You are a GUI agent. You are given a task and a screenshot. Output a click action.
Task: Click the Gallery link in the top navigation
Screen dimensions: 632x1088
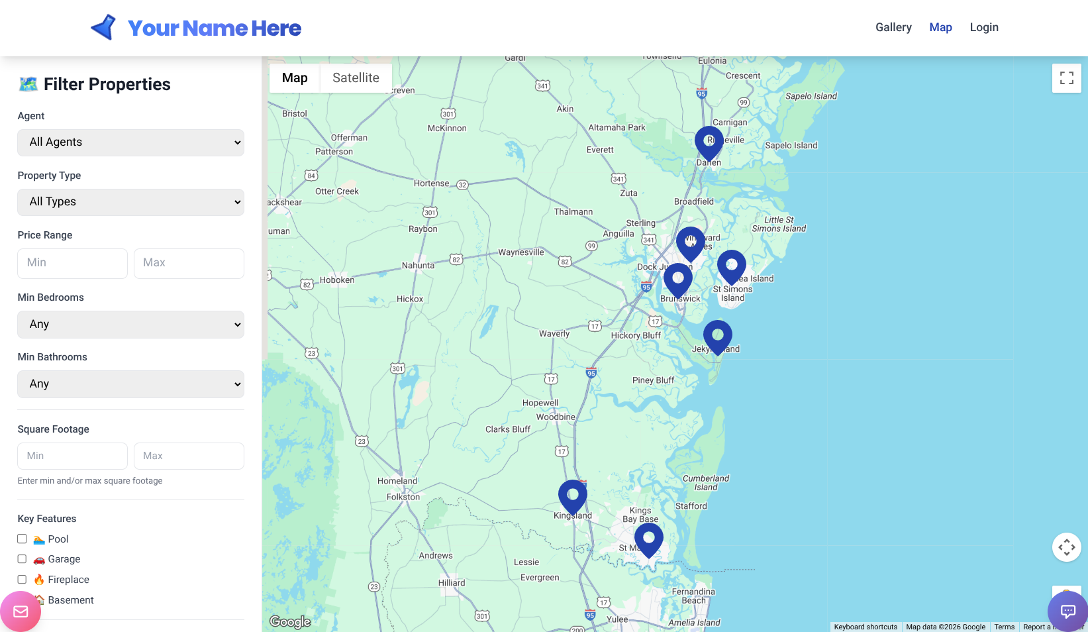[893, 27]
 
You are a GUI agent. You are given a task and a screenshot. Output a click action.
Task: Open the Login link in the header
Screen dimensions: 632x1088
[983, 27]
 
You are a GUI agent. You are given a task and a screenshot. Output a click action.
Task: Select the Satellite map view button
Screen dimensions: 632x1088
[356, 78]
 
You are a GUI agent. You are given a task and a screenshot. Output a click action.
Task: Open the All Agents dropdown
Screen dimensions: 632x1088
[130, 142]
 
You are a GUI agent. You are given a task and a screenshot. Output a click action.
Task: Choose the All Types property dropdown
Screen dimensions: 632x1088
[130, 202]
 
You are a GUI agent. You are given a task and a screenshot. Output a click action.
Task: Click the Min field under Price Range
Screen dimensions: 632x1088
[72, 263]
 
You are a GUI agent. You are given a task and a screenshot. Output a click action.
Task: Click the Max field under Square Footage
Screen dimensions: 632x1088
[189, 456]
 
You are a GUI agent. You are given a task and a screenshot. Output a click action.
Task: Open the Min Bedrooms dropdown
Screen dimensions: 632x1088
[130, 325]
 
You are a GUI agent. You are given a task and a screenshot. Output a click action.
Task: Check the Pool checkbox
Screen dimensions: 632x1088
[22, 539]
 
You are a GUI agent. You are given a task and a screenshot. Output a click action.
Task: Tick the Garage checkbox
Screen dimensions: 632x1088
[22, 558]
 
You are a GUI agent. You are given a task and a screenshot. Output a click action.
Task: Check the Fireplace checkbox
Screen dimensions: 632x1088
[22, 579]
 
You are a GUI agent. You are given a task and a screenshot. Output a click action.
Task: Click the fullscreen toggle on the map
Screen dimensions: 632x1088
[1066, 78]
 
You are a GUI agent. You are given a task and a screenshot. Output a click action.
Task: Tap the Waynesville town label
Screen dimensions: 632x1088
[520, 252]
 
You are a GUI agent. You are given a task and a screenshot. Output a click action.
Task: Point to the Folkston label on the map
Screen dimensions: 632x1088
[403, 497]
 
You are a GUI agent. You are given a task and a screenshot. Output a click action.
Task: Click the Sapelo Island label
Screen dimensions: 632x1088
[811, 96]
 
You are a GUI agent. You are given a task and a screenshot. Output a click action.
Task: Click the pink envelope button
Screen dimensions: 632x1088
[21, 611]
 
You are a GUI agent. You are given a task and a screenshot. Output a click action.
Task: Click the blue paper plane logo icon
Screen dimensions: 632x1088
[104, 28]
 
